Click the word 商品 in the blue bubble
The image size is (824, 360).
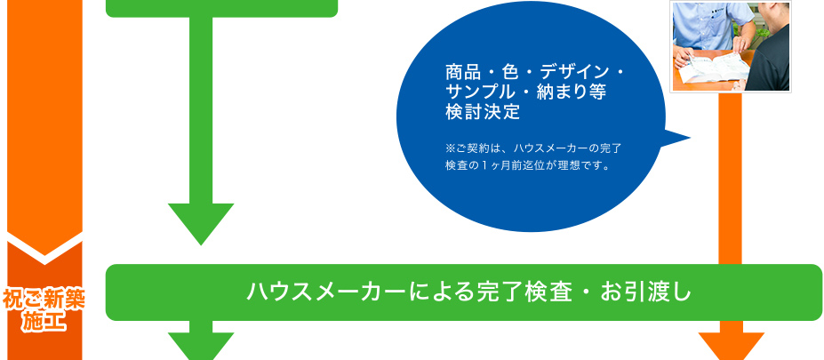460,71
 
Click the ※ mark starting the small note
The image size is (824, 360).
449,148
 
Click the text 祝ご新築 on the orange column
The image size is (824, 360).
44,300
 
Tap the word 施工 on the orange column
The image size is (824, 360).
44,321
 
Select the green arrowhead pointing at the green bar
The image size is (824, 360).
201,224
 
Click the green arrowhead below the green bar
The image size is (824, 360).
201,346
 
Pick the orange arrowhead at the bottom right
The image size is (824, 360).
731,346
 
